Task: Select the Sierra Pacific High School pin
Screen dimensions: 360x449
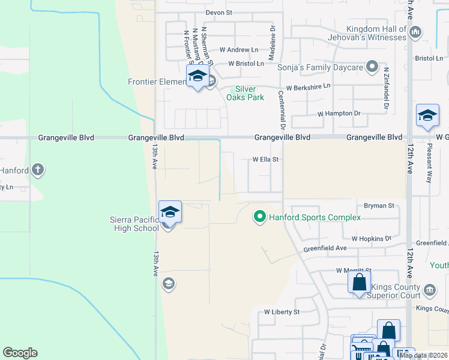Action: point(170,214)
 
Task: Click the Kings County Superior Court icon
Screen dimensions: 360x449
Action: point(430,290)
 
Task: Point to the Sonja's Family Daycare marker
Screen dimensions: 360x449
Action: point(372,67)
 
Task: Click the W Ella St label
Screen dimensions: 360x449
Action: point(266,160)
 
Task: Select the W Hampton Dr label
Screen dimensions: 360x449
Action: point(339,113)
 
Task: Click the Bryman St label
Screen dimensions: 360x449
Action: point(382,205)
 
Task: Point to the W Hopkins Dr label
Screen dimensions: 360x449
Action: point(371,238)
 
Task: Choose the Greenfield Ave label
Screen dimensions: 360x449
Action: point(325,248)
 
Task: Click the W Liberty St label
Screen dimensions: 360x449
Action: point(282,312)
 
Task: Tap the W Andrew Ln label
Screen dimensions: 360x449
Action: point(239,50)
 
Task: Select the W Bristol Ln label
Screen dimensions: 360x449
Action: point(246,64)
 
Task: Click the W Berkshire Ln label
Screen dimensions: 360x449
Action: point(308,87)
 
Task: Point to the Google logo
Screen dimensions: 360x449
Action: point(20,353)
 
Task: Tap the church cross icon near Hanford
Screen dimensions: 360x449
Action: point(38,170)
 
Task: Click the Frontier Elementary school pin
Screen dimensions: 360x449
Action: point(197,77)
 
